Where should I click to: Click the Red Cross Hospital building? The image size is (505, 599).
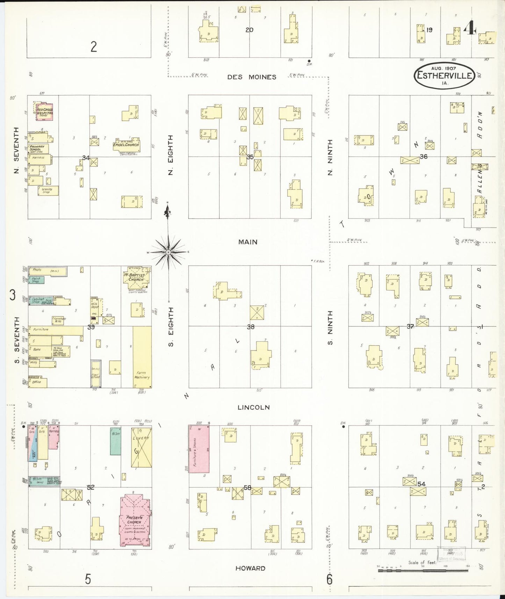tap(45, 112)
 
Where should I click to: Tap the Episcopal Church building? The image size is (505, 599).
tap(126, 145)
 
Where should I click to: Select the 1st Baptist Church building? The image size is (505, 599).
tap(136, 278)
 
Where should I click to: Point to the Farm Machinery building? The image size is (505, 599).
tap(142, 356)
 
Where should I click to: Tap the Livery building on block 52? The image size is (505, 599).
tap(141, 447)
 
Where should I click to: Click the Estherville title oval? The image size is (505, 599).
tap(445, 75)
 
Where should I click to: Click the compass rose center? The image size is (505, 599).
tap(168, 252)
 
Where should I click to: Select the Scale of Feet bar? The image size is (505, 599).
tap(423, 571)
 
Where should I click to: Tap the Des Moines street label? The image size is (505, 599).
tap(252, 77)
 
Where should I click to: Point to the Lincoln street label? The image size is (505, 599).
tap(253, 407)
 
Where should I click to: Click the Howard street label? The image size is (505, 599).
tap(250, 568)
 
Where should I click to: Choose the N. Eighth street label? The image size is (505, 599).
tap(171, 155)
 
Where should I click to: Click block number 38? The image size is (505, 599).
tap(251, 327)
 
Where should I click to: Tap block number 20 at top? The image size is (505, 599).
tap(249, 30)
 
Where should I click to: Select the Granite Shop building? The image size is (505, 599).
tap(48, 190)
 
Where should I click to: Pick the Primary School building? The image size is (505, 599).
tap(38, 149)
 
